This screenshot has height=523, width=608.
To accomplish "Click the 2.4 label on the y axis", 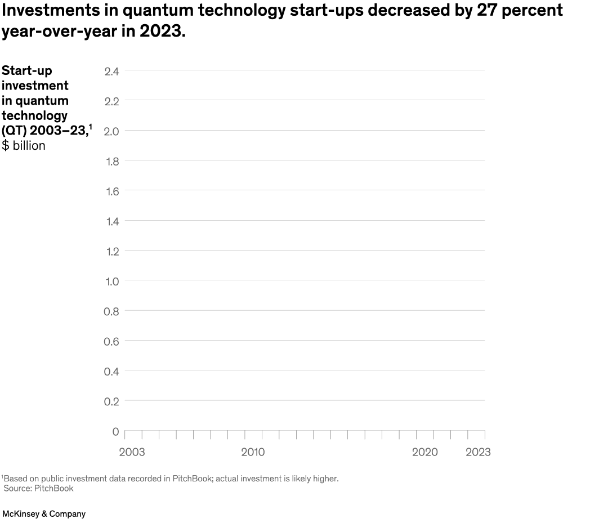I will click(x=111, y=71).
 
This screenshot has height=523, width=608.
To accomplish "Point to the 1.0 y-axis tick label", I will click(x=111, y=281).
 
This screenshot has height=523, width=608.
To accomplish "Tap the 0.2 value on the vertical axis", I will click(x=111, y=401).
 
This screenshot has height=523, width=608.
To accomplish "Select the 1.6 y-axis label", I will click(x=111, y=191).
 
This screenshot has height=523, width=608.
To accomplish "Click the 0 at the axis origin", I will click(x=115, y=432).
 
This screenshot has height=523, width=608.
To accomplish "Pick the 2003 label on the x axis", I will click(x=132, y=452).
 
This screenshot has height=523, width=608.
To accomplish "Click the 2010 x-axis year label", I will click(x=253, y=452).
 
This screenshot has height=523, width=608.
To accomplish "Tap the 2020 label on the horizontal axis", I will click(x=424, y=452).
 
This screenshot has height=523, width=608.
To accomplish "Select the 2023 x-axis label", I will click(x=478, y=452).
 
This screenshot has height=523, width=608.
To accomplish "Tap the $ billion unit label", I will click(x=24, y=145).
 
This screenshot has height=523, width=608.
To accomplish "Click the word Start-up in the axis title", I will click(x=26, y=70).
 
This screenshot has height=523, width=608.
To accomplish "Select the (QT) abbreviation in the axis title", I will click(x=14, y=131).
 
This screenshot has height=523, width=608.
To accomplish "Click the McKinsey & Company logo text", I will click(x=44, y=514).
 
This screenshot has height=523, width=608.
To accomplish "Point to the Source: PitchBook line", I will click(x=38, y=488).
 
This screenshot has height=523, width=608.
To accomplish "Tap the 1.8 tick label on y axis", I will click(x=111, y=162).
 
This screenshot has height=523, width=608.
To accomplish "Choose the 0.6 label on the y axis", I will click(x=111, y=342).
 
